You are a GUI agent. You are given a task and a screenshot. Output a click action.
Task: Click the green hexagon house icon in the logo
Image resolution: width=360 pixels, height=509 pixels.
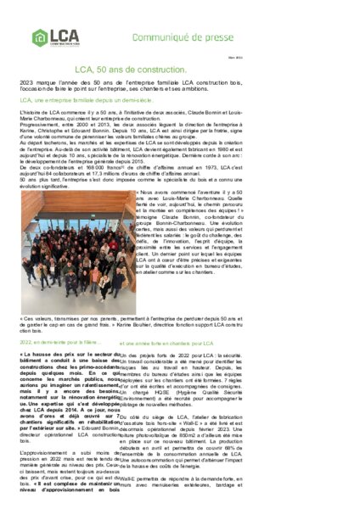point(40,37)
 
